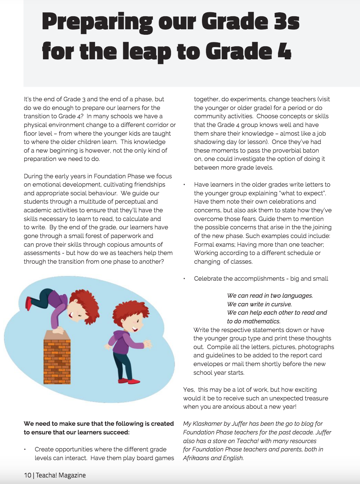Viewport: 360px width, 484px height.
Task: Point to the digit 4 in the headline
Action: click(284, 51)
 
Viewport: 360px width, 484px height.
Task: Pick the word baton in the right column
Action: click(310, 150)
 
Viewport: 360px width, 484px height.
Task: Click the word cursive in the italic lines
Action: click(280, 304)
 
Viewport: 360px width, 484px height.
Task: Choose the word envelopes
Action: click(208, 364)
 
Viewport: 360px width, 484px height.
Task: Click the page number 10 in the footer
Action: click(27, 475)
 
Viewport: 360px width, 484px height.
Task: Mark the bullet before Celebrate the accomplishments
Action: click(184, 279)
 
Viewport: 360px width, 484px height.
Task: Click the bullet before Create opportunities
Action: click(25, 450)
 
